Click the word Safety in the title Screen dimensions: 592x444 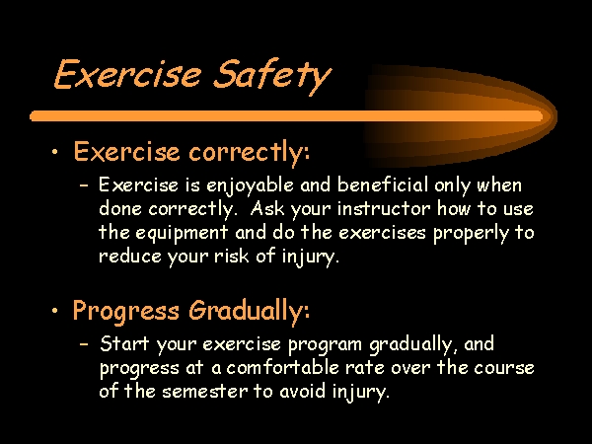(x=272, y=76)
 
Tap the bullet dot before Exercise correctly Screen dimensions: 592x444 (x=55, y=152)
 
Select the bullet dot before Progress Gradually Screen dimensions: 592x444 (x=55, y=311)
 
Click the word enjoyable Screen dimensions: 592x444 (x=250, y=186)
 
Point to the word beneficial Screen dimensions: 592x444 (x=383, y=185)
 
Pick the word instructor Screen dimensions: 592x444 (x=383, y=208)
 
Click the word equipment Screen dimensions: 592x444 (x=182, y=233)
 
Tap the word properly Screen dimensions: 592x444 (x=471, y=234)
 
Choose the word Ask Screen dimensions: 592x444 (x=267, y=208)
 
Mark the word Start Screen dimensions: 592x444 (x=124, y=343)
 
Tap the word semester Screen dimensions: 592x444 (x=205, y=391)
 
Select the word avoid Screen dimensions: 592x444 (x=302, y=391)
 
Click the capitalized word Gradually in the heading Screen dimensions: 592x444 (x=250, y=311)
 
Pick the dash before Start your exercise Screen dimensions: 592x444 (x=84, y=344)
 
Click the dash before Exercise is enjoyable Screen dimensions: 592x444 (x=84, y=185)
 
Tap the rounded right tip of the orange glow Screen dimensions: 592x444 (x=556, y=115)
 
